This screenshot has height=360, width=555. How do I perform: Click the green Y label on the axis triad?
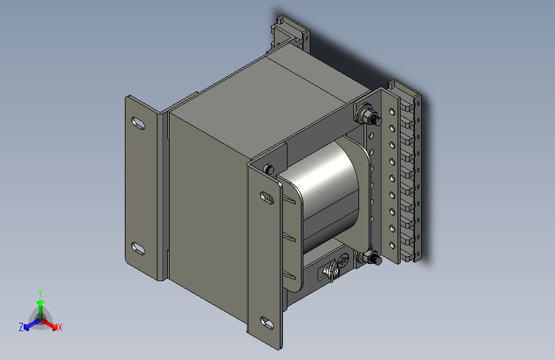[x=40, y=293]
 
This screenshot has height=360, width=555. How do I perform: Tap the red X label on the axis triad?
[x=60, y=327]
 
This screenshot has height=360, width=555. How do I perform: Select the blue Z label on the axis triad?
[x=21, y=327]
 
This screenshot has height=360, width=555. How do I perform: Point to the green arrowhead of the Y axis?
[x=41, y=302]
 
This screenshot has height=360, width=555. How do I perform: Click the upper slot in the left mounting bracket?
[x=138, y=123]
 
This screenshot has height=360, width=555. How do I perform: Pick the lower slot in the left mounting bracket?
[x=138, y=249]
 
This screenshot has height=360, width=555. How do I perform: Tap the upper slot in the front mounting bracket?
[x=267, y=198]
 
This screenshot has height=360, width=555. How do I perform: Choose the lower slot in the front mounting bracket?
[x=267, y=323]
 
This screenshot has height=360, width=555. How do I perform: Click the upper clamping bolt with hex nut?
[x=368, y=115]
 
